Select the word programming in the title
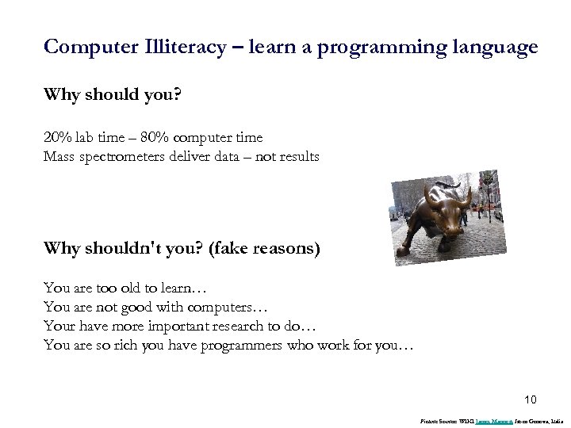pyautogui.click(x=380, y=47)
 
